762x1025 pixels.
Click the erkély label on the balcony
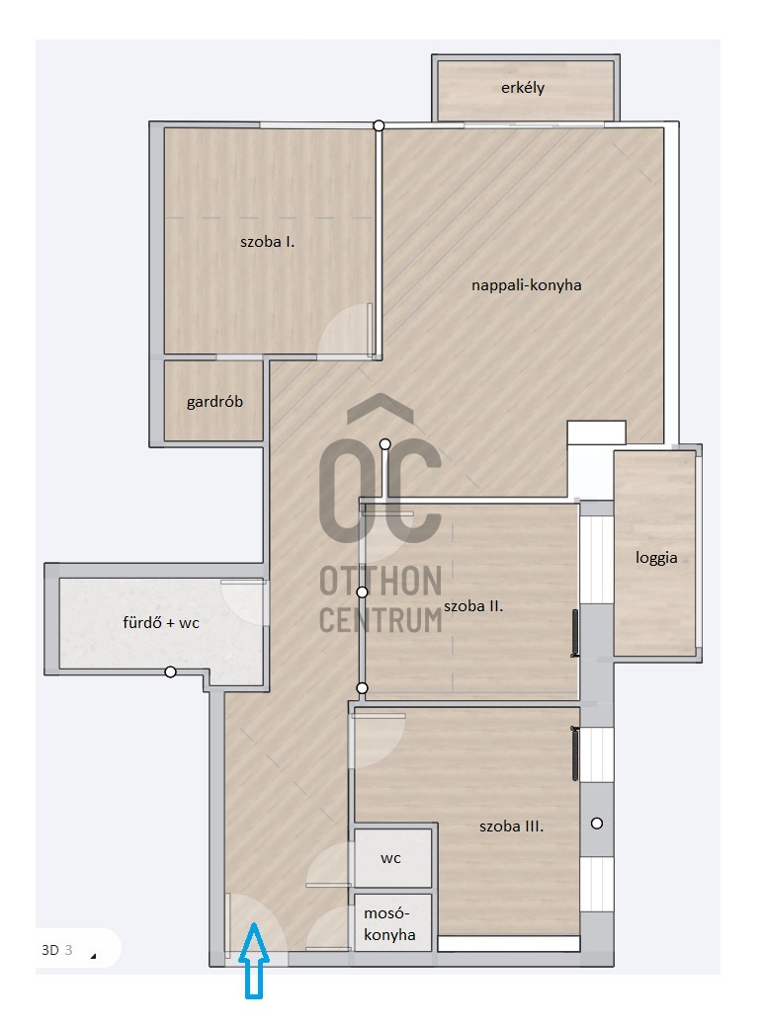tap(523, 88)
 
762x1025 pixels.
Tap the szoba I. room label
tap(267, 242)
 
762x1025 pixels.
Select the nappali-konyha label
tap(527, 285)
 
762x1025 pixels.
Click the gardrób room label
tap(214, 401)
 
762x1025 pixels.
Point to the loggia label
tap(656, 558)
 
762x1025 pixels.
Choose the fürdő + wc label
tap(161, 622)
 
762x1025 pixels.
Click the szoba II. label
tap(473, 606)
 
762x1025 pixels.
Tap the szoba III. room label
tap(512, 827)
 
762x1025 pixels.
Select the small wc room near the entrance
tap(391, 858)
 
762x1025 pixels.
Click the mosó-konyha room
tap(391, 923)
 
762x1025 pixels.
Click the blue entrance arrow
tap(254, 960)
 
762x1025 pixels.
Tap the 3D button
tap(50, 950)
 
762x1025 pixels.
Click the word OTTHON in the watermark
tap(381, 582)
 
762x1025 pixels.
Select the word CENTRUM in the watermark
tap(381, 620)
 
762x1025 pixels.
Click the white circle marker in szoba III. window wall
tap(597, 824)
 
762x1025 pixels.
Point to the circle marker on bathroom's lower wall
tap(170, 671)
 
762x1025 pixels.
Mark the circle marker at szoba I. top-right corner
tap(379, 125)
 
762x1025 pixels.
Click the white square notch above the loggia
tap(597, 434)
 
